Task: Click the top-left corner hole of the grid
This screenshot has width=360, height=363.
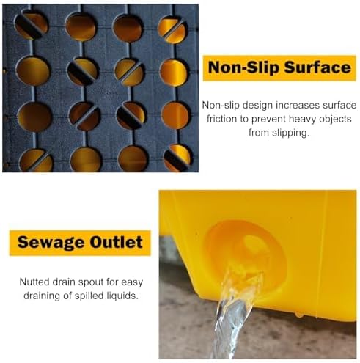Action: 32,24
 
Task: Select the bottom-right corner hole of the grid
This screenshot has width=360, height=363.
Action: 176,158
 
